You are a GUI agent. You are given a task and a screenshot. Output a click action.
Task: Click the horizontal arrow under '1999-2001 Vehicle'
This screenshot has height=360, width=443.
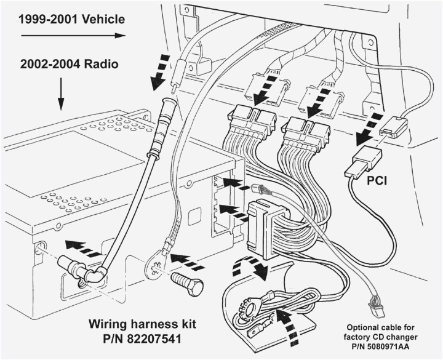coord(73,36)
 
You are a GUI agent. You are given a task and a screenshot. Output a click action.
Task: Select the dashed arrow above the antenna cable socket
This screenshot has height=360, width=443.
coord(160,72)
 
